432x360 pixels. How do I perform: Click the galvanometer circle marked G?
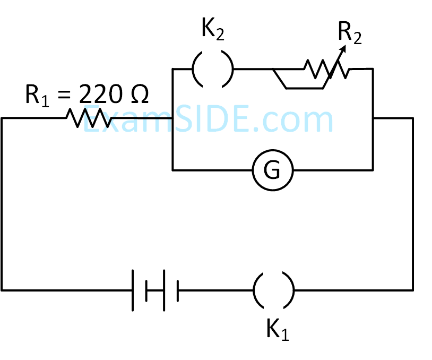click(x=273, y=170)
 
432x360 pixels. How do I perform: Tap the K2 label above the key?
click(x=212, y=31)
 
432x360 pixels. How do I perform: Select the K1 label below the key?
click(x=278, y=330)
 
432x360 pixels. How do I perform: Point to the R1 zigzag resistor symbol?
click(x=89, y=118)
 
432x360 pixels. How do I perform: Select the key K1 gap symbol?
click(x=273, y=290)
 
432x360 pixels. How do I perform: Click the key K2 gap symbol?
click(x=212, y=69)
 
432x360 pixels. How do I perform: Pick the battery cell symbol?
click(x=154, y=290)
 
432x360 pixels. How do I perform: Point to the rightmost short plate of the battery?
click(x=178, y=290)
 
